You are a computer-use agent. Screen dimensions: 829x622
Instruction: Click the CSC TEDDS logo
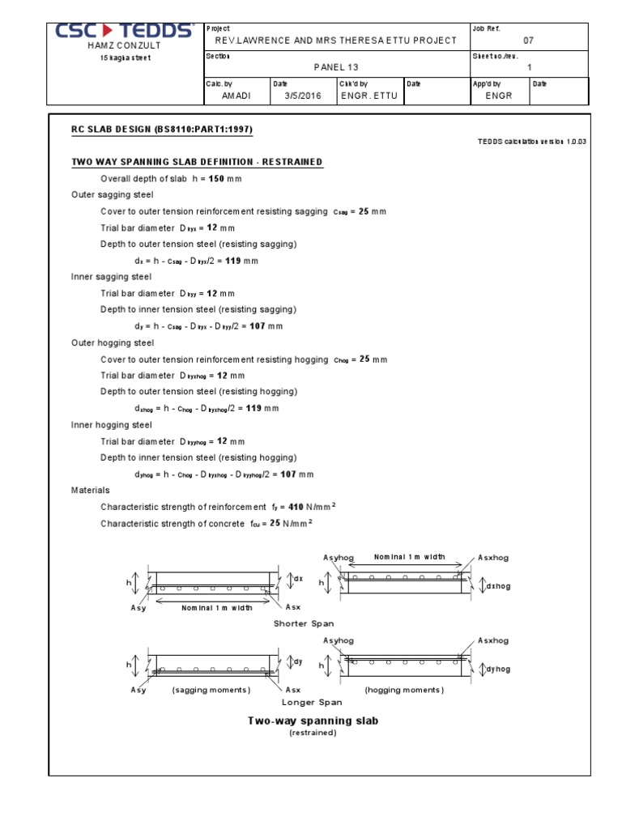[x=125, y=32]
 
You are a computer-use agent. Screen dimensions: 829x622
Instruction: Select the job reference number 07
[x=529, y=40]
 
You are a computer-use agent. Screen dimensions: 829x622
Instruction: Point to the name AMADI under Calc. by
[x=237, y=96]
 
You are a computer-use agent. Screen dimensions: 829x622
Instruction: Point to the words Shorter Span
[x=304, y=623]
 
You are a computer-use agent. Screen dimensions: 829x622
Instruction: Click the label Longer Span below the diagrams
[x=312, y=703]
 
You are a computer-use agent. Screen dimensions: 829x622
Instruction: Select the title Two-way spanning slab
[x=313, y=720]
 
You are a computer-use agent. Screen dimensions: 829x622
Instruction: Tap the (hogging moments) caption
[x=404, y=690]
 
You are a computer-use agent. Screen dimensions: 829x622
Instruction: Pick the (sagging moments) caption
[x=211, y=690]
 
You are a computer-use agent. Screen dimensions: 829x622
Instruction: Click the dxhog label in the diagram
[x=498, y=585]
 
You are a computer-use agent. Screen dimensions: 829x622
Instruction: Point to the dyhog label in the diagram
[x=498, y=669]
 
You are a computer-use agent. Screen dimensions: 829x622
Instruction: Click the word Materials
[x=91, y=490]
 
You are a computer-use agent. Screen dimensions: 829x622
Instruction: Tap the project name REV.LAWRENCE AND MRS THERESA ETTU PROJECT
[x=335, y=40]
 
